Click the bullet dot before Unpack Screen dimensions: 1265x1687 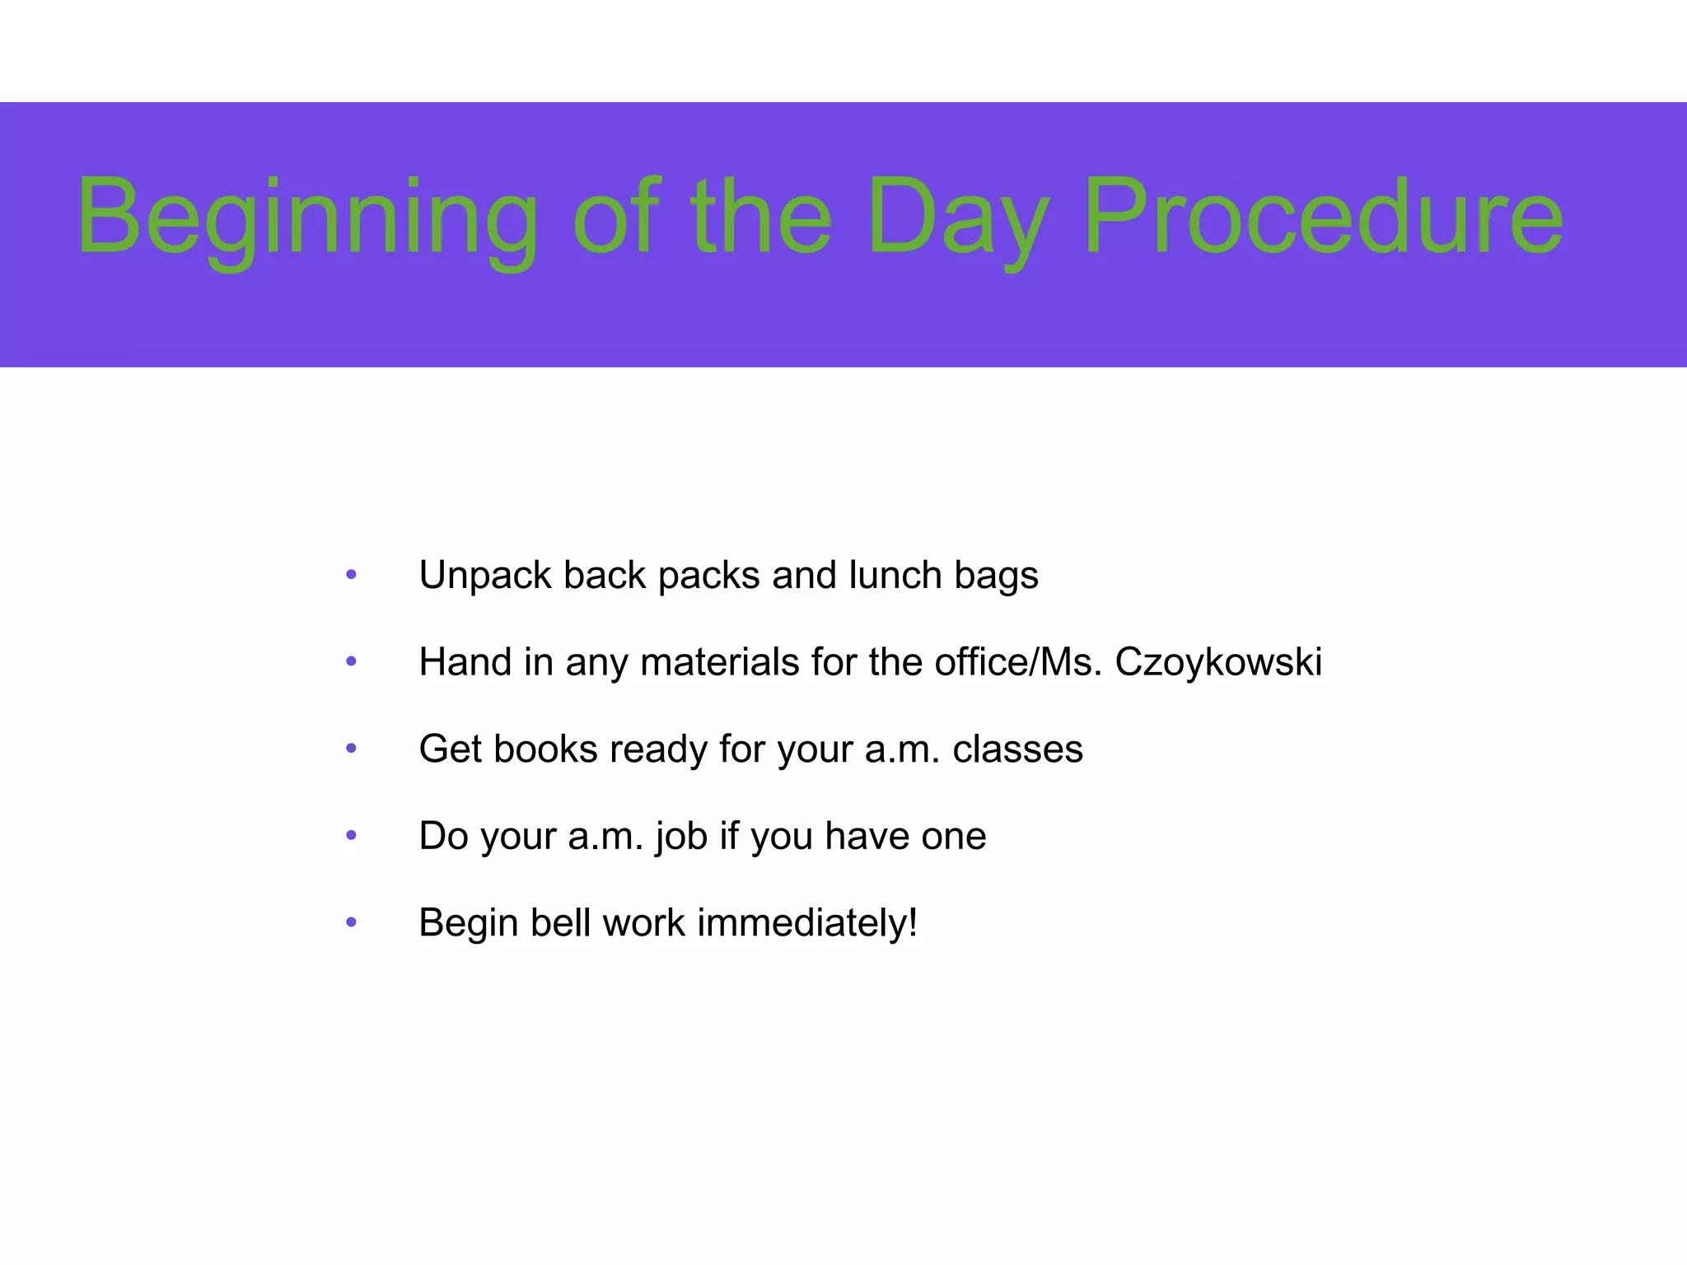(x=352, y=575)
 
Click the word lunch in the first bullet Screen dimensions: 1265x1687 (x=895, y=575)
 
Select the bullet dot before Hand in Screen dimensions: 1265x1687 (x=352, y=662)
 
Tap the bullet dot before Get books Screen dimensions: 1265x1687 (x=352, y=749)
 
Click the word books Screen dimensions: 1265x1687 (x=544, y=749)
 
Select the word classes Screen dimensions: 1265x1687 (x=1017, y=749)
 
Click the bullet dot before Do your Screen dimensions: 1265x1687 (x=352, y=836)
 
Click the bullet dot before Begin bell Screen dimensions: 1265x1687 (x=352, y=922)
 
